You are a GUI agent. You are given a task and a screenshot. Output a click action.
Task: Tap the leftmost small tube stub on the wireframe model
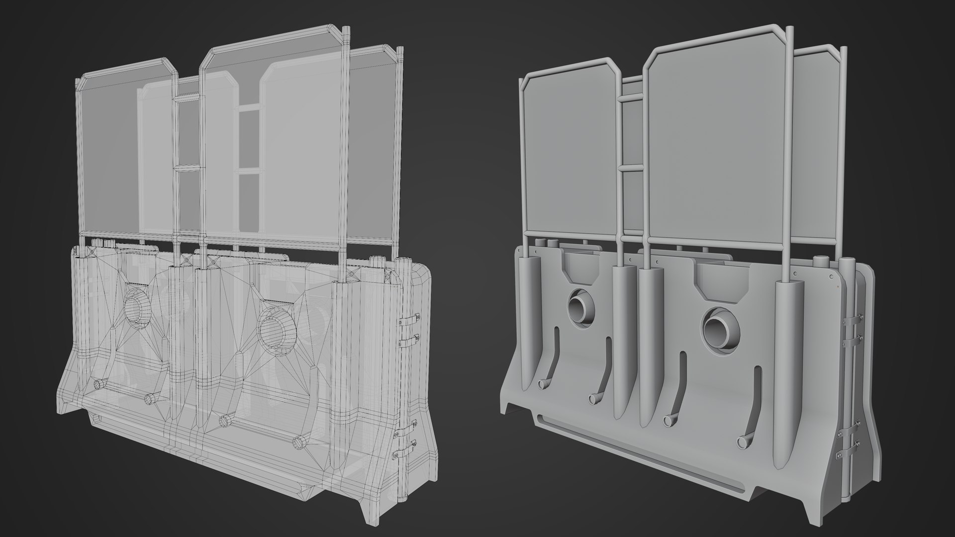pyautogui.click(x=100, y=383)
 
